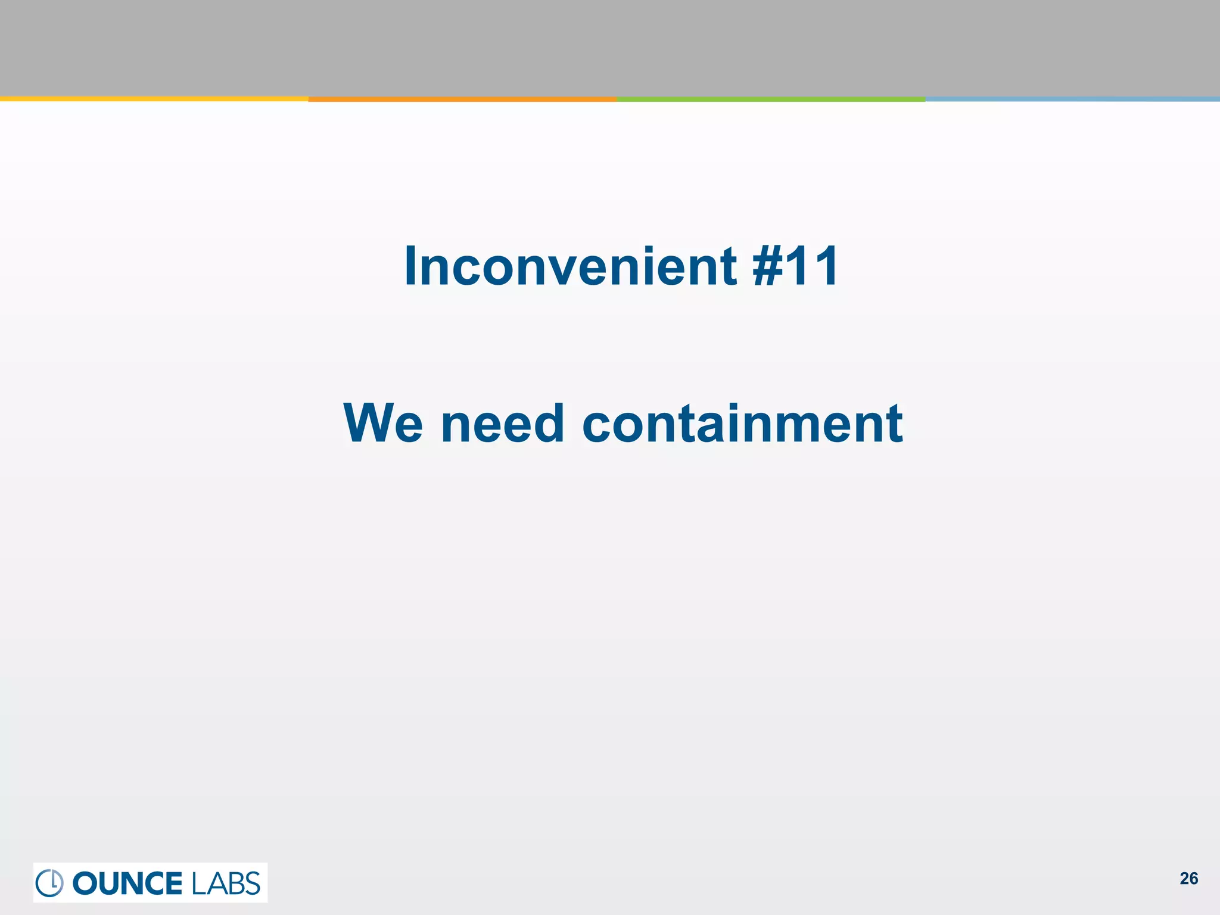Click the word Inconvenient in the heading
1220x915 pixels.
point(571,266)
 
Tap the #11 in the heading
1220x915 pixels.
point(795,266)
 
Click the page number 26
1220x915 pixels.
point(1188,879)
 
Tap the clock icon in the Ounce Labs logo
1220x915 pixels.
point(49,883)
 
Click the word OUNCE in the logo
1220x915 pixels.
point(127,883)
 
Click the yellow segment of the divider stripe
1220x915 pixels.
point(154,99)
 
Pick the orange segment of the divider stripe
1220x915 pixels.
point(462,99)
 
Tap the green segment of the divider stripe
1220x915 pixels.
point(771,99)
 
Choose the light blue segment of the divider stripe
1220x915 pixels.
point(1072,99)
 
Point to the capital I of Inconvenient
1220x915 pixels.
point(410,266)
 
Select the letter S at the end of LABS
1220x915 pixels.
point(253,883)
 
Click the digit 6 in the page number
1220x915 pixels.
point(1193,879)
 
